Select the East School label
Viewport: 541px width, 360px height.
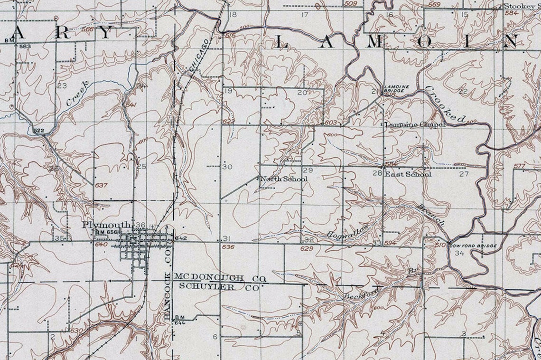click(x=408, y=174)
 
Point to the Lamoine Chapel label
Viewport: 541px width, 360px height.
click(x=414, y=124)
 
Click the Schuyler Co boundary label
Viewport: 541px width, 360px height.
click(x=218, y=287)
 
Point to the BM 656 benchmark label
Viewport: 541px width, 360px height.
click(x=106, y=232)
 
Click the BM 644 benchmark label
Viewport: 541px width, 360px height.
click(x=179, y=320)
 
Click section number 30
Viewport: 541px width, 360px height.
click(x=227, y=167)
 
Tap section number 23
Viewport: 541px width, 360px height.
click(x=62, y=86)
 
